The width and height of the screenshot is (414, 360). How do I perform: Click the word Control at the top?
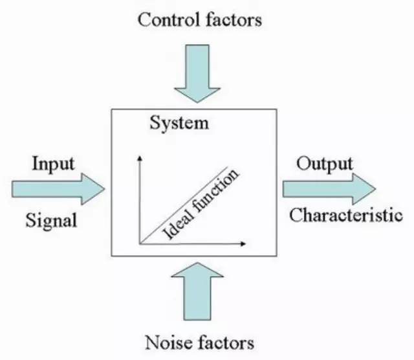[164, 20]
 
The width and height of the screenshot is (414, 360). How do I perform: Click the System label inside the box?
[179, 123]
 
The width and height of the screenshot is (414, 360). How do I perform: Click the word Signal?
[51, 220]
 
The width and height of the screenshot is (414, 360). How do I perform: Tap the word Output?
[325, 163]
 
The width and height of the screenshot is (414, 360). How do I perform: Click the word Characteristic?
[345, 215]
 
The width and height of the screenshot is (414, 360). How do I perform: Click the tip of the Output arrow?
[375, 189]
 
